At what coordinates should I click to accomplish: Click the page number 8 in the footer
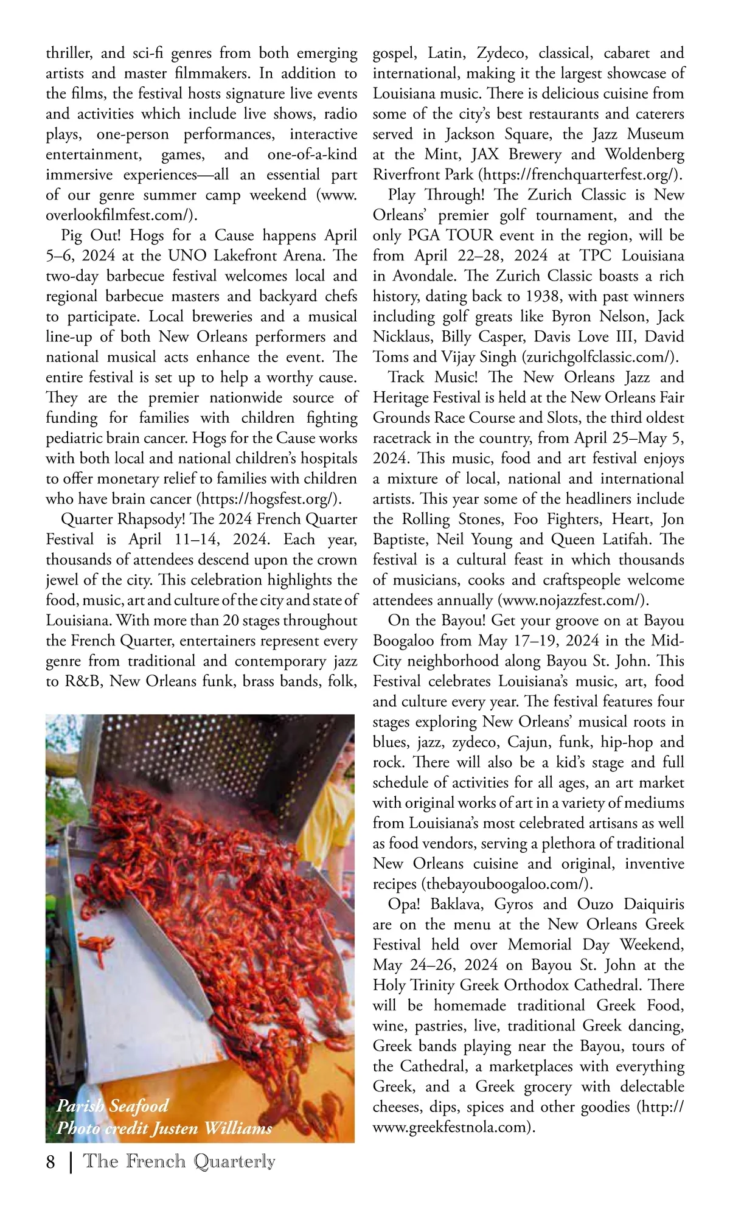click(x=50, y=1162)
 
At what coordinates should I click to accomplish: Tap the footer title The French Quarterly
click(x=179, y=1161)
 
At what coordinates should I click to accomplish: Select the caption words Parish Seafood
click(x=113, y=1105)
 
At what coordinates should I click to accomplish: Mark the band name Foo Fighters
click(x=558, y=519)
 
